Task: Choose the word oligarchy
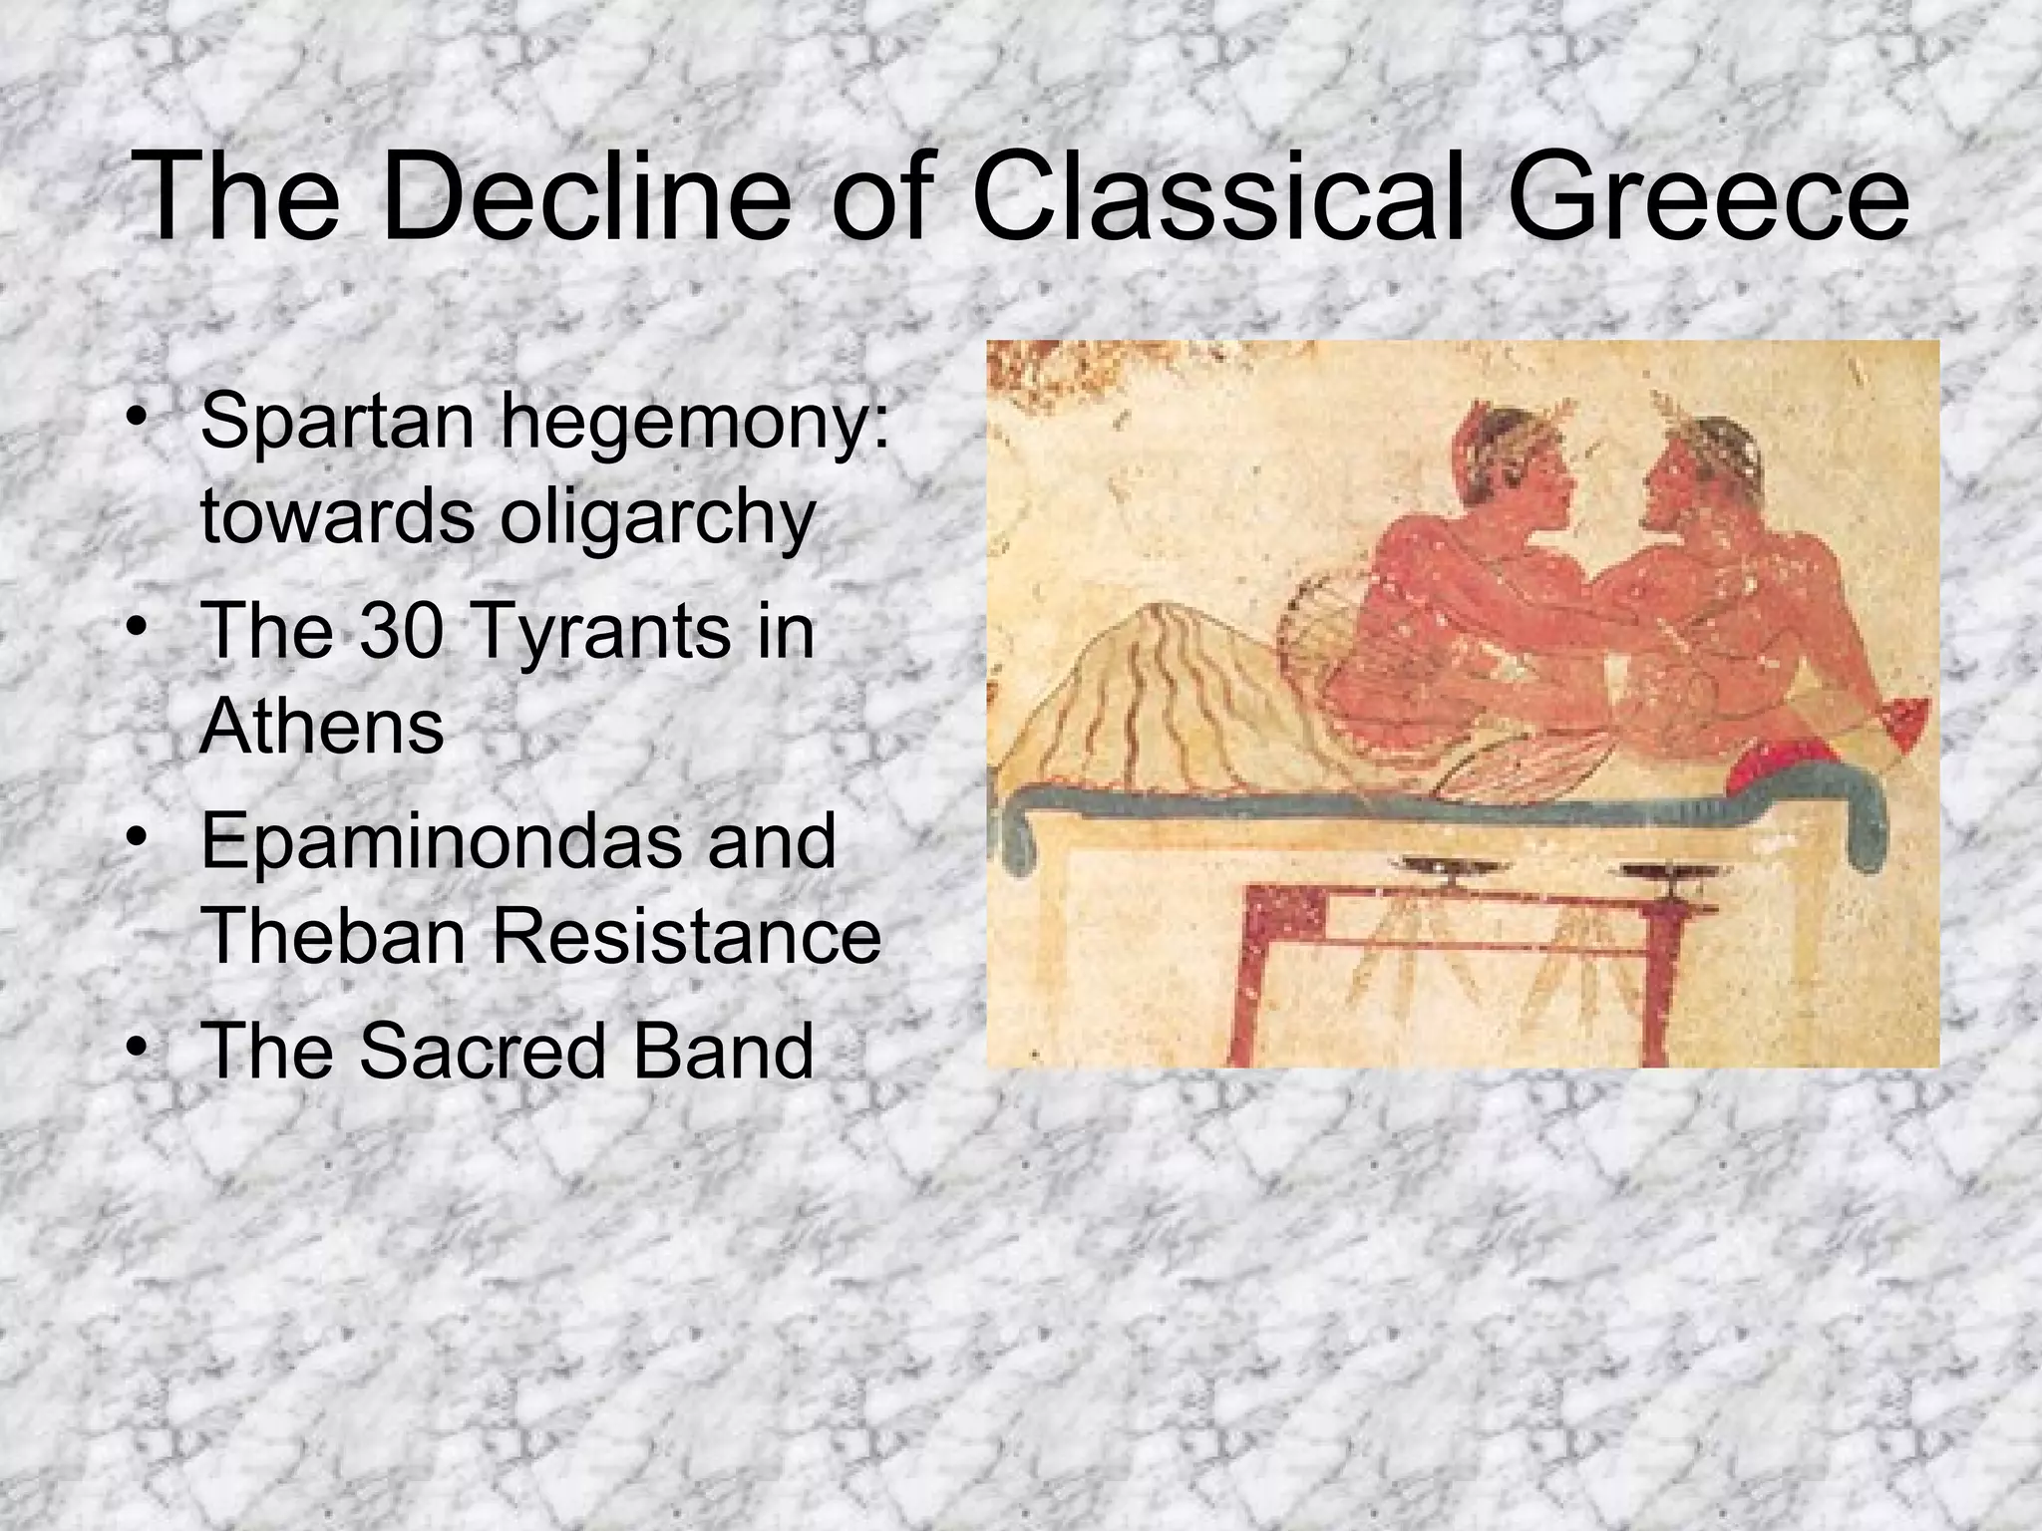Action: [x=657, y=519]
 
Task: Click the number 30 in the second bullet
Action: [x=399, y=632]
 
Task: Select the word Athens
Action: [x=321, y=727]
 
